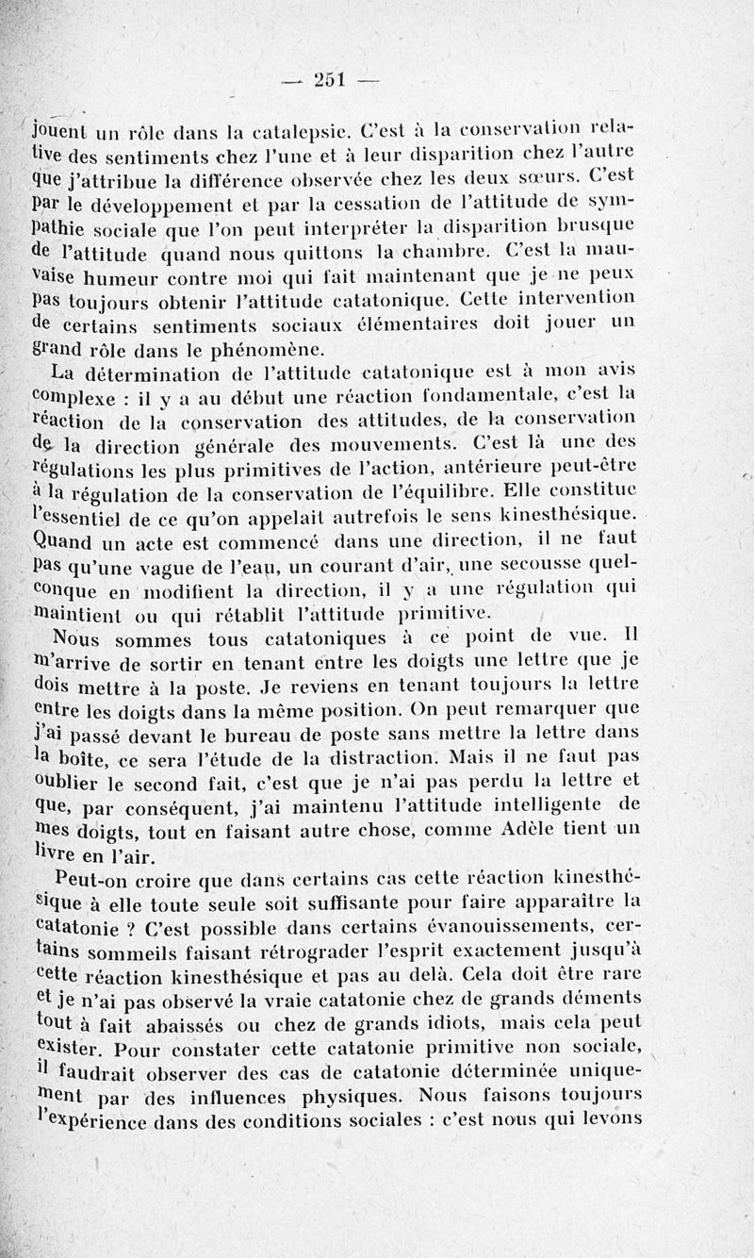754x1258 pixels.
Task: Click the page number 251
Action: click(x=331, y=80)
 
